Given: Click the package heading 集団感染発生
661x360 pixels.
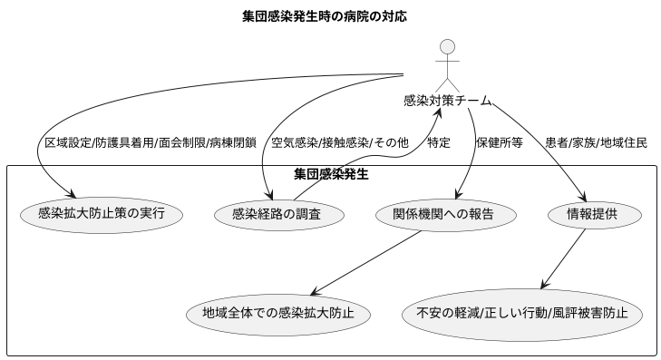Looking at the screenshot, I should coord(331,173).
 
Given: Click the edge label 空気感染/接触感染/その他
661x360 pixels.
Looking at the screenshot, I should coord(340,142).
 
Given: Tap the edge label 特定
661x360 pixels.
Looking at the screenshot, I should coord(439,142).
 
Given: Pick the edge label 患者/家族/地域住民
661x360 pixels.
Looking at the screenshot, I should coord(596,142).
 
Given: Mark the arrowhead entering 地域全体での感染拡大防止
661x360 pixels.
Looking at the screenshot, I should coord(312,292).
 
